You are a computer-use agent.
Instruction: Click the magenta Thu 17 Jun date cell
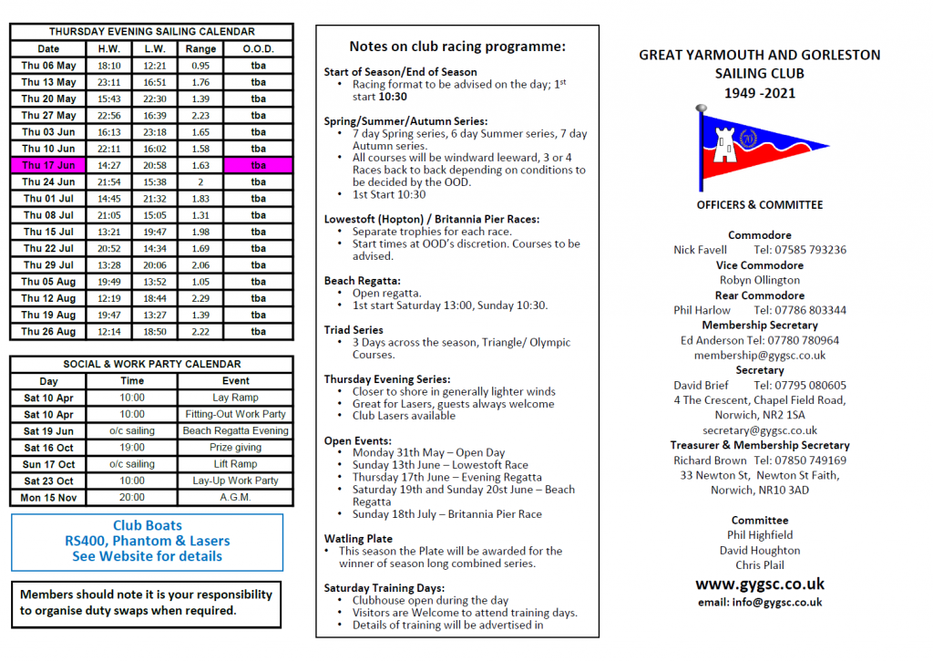pos(49,165)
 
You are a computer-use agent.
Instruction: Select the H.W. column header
pos(108,48)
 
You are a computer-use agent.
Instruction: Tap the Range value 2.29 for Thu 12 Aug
pos(200,298)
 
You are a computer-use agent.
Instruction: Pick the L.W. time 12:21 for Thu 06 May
pos(154,66)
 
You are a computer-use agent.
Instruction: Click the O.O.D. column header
pos(258,48)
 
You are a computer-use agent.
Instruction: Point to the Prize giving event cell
pos(236,448)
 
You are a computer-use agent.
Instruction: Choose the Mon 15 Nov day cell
pos(49,498)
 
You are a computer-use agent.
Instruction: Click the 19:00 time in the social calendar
pos(131,448)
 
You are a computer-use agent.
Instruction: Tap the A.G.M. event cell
pos(236,498)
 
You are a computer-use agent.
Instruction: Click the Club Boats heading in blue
pos(147,525)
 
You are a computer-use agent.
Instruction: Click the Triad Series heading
pos(354,330)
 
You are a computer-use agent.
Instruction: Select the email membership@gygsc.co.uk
pos(759,356)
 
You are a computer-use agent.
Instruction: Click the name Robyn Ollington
pos(759,280)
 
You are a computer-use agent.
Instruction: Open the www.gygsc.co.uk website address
pos(759,584)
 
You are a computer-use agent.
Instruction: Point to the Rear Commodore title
pos(759,295)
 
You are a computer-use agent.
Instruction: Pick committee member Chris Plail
pos(759,565)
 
